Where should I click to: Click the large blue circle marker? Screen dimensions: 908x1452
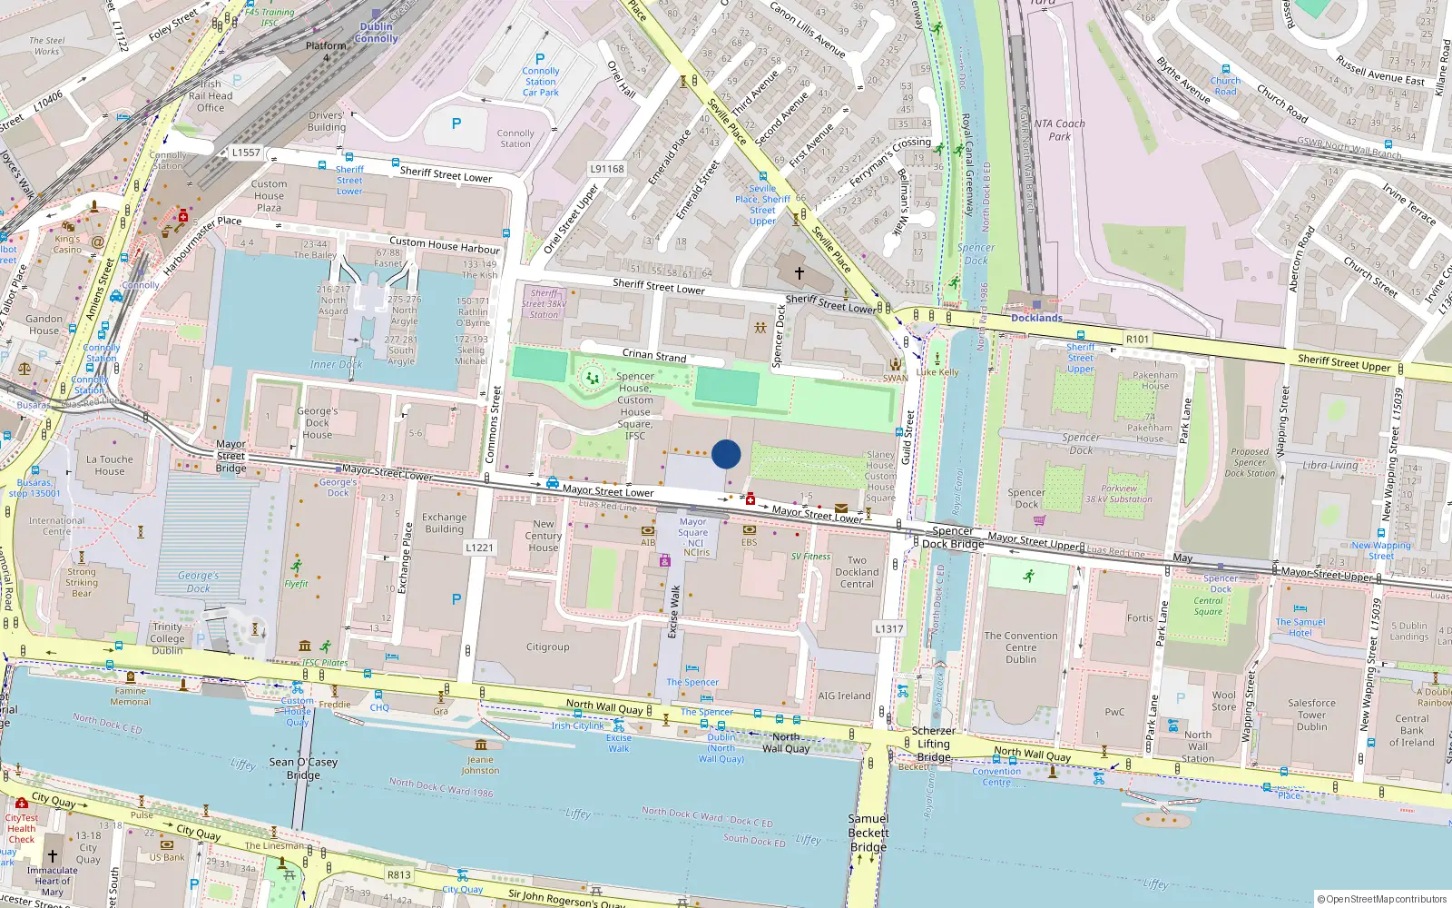pyautogui.click(x=726, y=454)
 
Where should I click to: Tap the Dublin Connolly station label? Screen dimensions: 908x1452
pyautogui.click(x=377, y=33)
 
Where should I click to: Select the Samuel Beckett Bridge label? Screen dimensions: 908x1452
pyautogui.click(x=868, y=833)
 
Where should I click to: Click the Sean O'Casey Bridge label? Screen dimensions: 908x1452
pyautogui.click(x=303, y=768)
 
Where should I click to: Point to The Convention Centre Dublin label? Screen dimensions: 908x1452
pyautogui.click(x=1021, y=647)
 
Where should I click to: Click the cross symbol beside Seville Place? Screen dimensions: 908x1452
pyautogui.click(x=800, y=272)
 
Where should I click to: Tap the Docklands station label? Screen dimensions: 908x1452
pyautogui.click(x=1036, y=318)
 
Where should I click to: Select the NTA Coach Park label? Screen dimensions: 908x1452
pyautogui.click(x=1059, y=130)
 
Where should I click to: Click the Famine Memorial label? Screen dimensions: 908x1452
pyautogui.click(x=131, y=696)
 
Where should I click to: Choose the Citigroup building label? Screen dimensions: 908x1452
pyautogui.click(x=548, y=647)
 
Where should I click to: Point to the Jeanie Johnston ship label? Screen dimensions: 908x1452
pyautogui.click(x=480, y=765)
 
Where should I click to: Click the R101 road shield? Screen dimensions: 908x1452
pyautogui.click(x=1137, y=339)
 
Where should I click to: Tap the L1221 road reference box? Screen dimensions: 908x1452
pyautogui.click(x=479, y=548)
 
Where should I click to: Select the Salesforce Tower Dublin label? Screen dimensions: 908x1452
pyautogui.click(x=1311, y=715)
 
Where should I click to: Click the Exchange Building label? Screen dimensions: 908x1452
pyautogui.click(x=444, y=523)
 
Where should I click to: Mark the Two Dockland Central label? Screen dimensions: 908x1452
pyautogui.click(x=857, y=572)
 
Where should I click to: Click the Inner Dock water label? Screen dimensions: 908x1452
pyautogui.click(x=336, y=364)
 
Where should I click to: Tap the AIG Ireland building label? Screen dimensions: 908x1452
pyautogui.click(x=844, y=696)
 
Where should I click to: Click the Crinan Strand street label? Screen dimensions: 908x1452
pyautogui.click(x=654, y=356)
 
